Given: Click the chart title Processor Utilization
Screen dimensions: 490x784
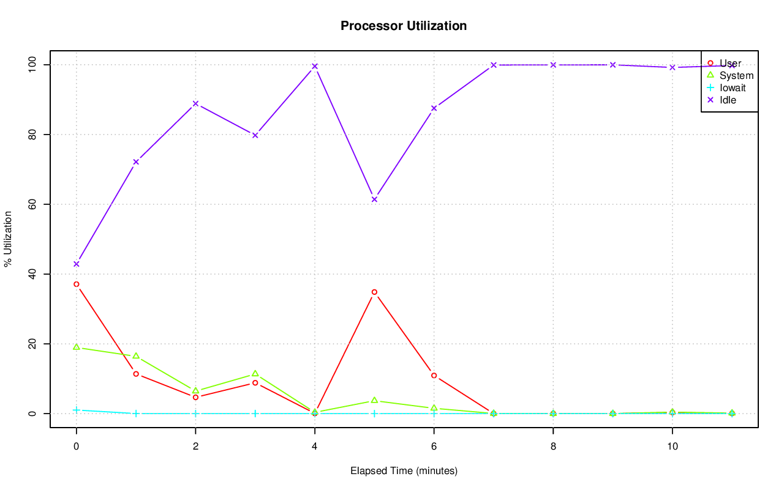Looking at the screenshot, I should (x=404, y=26).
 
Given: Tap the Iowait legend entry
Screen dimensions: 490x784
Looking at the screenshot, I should (x=733, y=87).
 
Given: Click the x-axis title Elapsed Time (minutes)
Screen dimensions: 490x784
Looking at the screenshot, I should (x=404, y=471).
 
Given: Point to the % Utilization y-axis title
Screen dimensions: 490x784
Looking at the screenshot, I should (x=8, y=239).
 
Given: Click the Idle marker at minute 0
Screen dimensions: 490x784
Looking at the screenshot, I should (x=77, y=264).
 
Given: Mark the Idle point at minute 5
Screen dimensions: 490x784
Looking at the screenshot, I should (x=374, y=199).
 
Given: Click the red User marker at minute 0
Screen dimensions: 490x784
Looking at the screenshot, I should (x=77, y=284).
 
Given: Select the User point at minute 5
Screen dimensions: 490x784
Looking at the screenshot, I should (x=374, y=292).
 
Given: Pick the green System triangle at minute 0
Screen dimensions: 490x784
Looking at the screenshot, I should (x=77, y=347).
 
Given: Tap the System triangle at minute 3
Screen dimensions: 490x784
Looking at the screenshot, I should (x=255, y=373).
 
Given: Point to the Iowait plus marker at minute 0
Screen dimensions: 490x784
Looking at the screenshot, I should (x=77, y=410).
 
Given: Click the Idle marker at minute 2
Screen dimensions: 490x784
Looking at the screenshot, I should (x=195, y=103).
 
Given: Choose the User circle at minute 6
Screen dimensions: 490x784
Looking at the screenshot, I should (x=434, y=376).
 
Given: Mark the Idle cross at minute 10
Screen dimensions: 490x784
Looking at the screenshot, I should (x=673, y=67).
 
